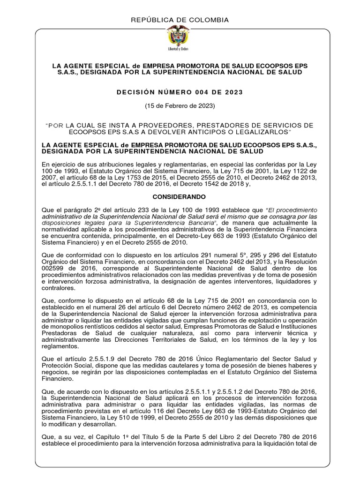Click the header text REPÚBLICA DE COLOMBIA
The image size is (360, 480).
pyautogui.click(x=180, y=20)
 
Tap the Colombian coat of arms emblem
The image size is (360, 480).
pyautogui.click(x=180, y=37)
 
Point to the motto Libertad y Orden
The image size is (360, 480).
pyautogui.click(x=180, y=48)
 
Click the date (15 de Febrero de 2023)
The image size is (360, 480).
pyautogui.click(x=180, y=106)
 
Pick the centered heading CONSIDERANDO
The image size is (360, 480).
pyautogui.click(x=180, y=198)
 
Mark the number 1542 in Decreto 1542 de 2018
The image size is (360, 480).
pyautogui.click(x=232, y=185)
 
